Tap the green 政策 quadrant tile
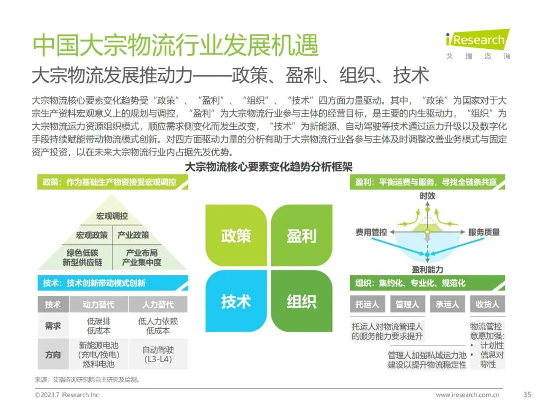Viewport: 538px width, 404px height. (x=236, y=235)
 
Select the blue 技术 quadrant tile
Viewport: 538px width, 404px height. (x=236, y=301)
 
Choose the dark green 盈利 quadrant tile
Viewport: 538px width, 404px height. (x=301, y=235)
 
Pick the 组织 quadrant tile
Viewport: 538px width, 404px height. (x=301, y=301)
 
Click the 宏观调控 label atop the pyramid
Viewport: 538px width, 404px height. (x=112, y=216)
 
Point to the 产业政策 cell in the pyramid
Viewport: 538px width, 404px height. (x=133, y=235)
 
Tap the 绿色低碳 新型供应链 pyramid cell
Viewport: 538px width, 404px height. (x=82, y=257)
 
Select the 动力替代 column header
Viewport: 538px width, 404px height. (x=98, y=304)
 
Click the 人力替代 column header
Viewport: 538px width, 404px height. (x=158, y=304)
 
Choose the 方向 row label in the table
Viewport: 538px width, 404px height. (x=53, y=355)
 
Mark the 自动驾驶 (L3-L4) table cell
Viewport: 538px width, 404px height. (x=158, y=355)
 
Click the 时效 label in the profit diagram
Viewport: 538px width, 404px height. (x=427, y=196)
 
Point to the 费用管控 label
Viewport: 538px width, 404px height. (x=371, y=232)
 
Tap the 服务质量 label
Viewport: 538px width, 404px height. (x=484, y=232)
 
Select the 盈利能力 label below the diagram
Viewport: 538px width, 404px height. (x=427, y=269)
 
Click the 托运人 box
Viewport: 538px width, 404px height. (x=368, y=304)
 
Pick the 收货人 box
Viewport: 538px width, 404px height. (x=487, y=304)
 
